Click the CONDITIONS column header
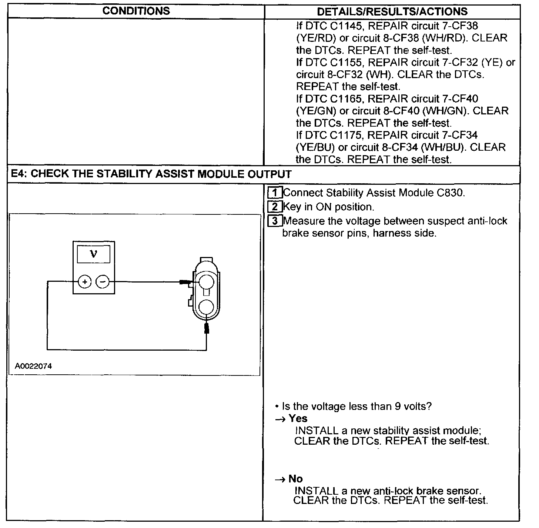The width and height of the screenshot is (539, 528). tap(136, 11)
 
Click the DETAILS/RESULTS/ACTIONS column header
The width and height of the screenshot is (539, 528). tap(392, 11)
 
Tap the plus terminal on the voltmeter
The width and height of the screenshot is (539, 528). tap(85, 282)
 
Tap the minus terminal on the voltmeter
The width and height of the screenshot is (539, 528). tap(103, 282)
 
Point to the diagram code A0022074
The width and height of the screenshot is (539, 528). tap(33, 366)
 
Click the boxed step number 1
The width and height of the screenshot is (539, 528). tap(274, 193)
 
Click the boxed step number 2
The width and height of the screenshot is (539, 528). tap(274, 207)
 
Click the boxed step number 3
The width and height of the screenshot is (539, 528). tap(274, 221)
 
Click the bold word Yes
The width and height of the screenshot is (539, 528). tap(298, 418)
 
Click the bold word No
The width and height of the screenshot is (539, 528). tap(295, 479)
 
